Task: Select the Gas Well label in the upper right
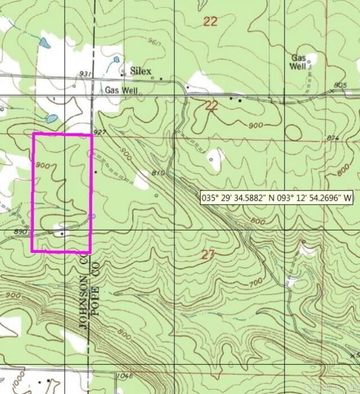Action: [299, 62]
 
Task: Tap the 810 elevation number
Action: [157, 173]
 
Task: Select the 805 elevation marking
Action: [340, 85]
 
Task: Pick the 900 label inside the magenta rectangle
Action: [42, 165]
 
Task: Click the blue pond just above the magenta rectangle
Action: [52, 119]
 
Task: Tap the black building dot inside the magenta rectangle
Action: [62, 232]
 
